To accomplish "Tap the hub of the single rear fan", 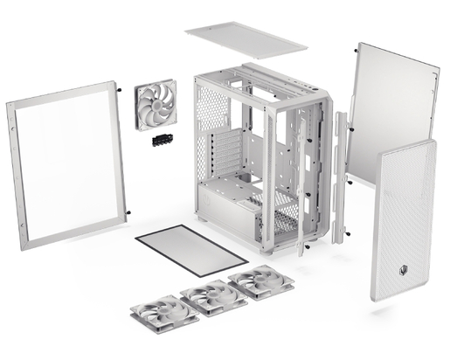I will click(x=156, y=105).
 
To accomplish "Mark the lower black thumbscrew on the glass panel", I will click(x=128, y=212).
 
